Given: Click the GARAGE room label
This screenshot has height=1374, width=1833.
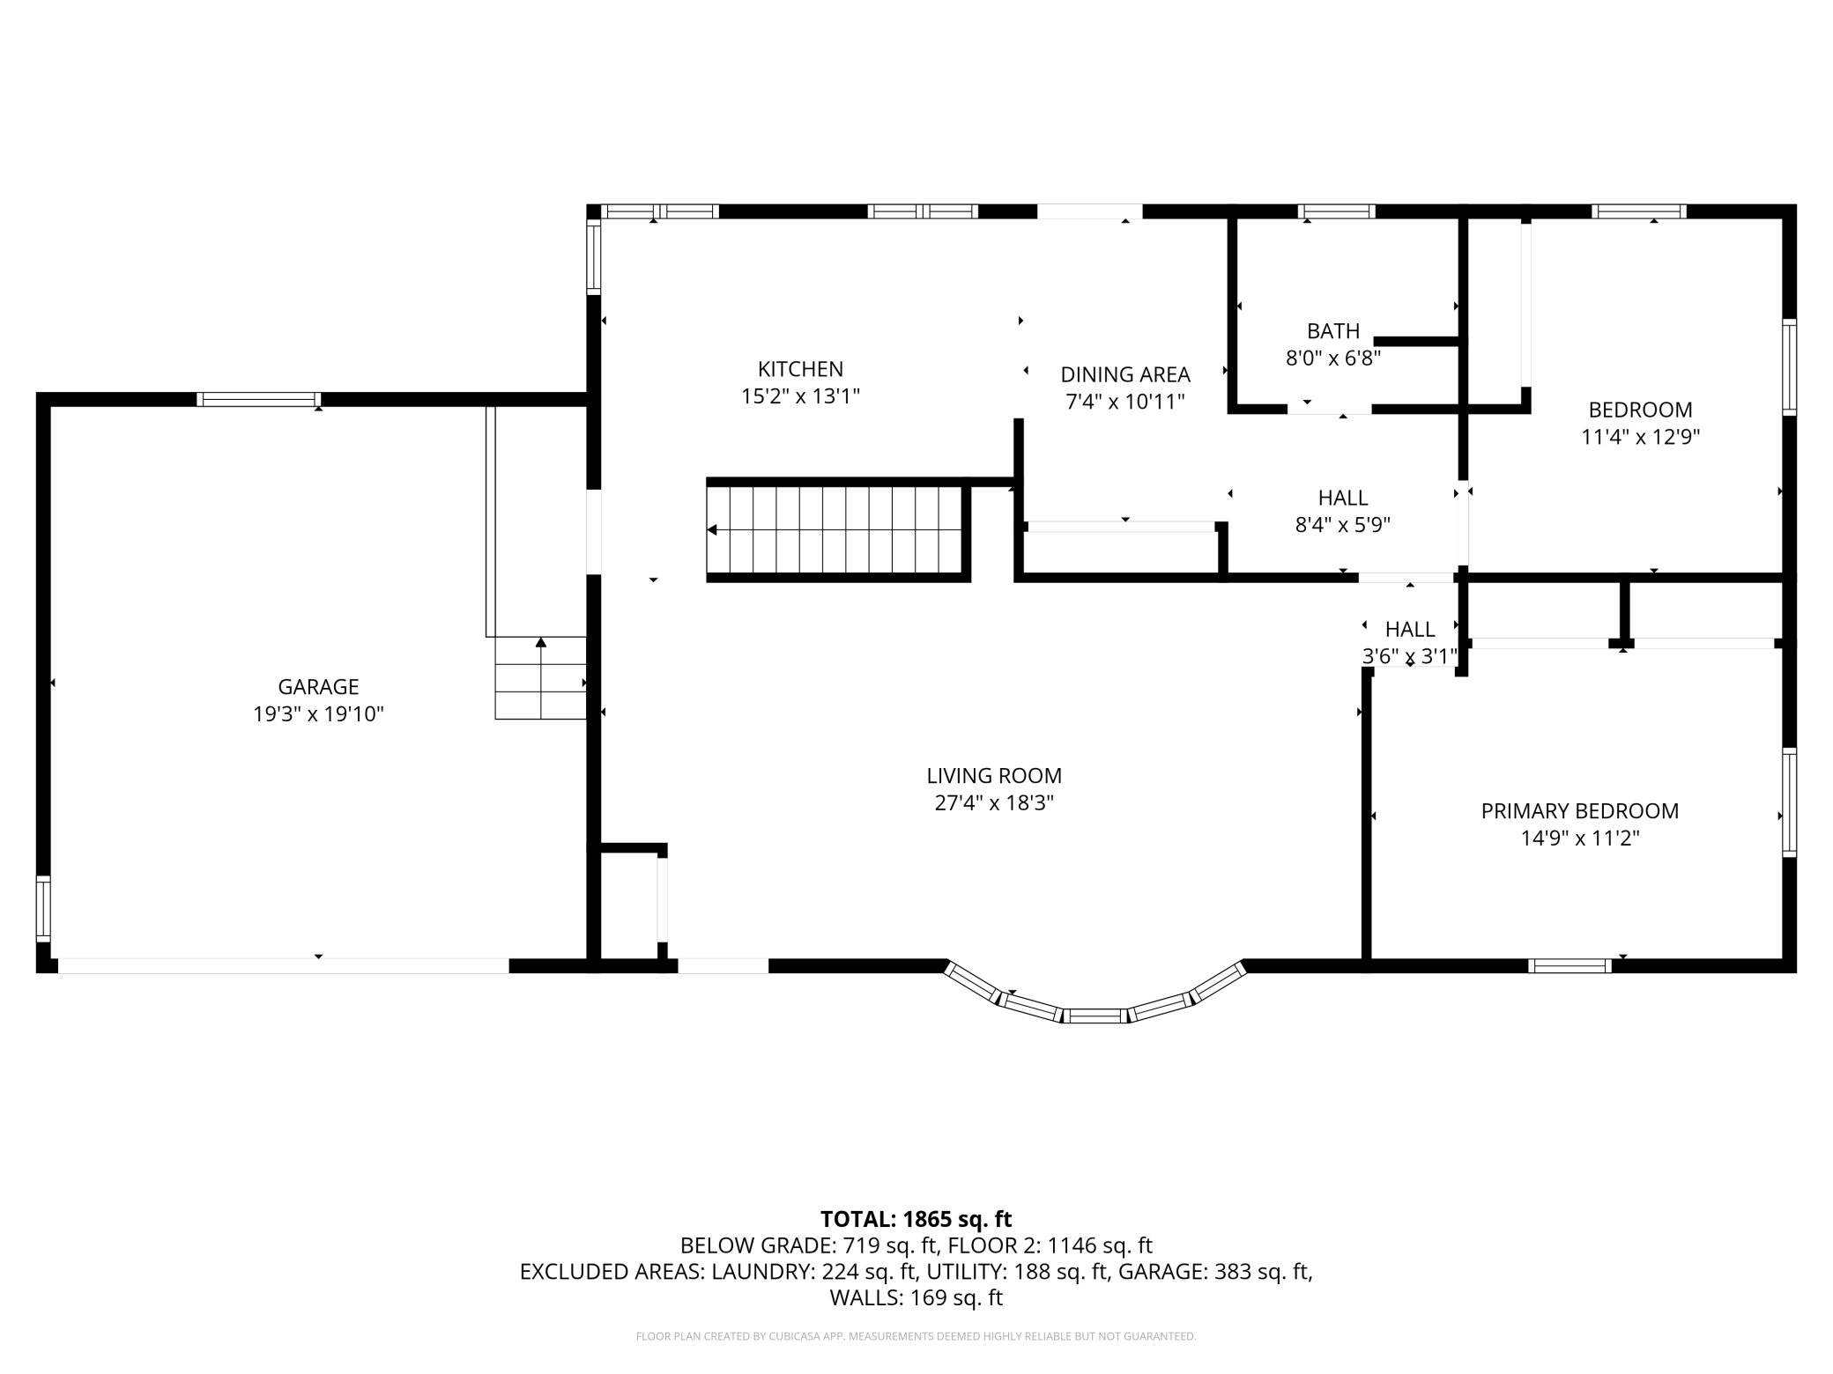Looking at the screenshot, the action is [318, 687].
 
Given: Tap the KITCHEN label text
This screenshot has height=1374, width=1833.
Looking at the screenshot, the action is [800, 369].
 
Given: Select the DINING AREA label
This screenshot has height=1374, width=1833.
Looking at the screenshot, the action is [1125, 374].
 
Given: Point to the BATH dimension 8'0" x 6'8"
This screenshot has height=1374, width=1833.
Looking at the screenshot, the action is [1333, 358].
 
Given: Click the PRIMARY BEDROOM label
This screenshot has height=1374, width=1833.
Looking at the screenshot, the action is [1580, 811].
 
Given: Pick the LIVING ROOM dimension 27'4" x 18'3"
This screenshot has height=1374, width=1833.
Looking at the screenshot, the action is [994, 803].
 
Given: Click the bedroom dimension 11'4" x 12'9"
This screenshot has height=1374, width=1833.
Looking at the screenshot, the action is [1641, 437].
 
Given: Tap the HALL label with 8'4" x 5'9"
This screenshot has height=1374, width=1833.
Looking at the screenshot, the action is [1343, 498].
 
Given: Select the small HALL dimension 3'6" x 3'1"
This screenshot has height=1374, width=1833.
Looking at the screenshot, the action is [1410, 656].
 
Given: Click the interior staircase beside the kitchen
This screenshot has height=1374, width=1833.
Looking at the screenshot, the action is [838, 530].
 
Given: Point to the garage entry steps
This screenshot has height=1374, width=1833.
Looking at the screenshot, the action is [540, 678].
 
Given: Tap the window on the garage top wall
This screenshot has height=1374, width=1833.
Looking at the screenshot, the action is [258, 400].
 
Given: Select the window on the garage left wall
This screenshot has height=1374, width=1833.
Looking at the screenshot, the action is [42, 908].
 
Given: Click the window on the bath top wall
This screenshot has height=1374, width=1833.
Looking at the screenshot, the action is [1336, 211].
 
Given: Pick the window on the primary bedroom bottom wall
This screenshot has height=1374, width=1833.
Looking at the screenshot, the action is [1570, 966].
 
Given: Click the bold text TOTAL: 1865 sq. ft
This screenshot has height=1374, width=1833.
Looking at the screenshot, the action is [916, 1219].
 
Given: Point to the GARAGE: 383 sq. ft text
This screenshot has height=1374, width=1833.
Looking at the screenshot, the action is [1262, 1272].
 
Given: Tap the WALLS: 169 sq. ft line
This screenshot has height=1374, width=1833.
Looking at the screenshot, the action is [916, 1297].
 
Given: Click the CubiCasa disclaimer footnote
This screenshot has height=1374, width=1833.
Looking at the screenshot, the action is [916, 1337].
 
